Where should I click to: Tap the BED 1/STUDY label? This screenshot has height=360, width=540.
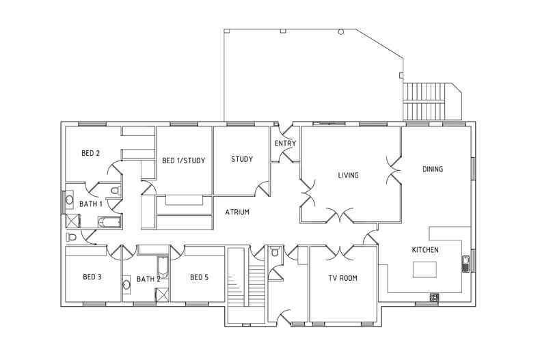(184, 161)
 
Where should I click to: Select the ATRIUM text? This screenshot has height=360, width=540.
(237, 212)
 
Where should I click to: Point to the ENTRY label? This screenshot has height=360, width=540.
(285, 143)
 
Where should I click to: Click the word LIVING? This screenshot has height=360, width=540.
(348, 176)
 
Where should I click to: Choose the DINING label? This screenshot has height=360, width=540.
(433, 169)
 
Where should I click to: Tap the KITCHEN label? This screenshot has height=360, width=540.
(424, 250)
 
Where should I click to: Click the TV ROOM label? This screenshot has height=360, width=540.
(342, 278)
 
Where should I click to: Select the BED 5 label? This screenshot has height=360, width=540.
(198, 277)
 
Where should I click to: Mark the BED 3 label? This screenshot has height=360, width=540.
(92, 277)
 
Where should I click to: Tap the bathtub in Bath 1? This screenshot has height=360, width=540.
(109, 221)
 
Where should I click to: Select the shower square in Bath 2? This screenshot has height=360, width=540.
(162, 294)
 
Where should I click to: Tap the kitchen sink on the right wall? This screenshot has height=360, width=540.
(465, 263)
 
